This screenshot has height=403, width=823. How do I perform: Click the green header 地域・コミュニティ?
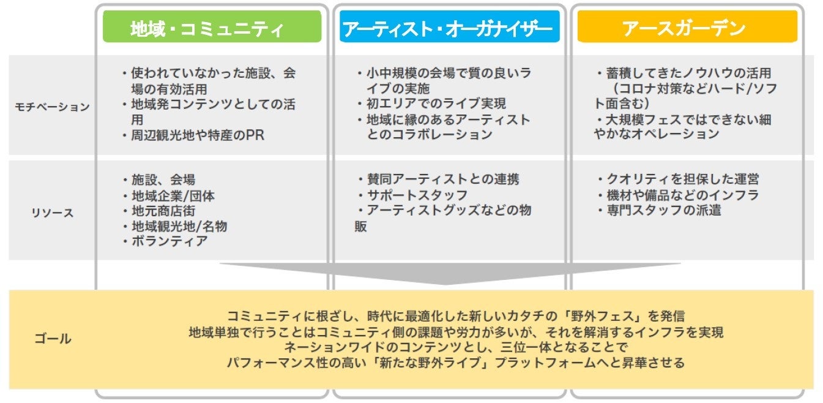point(212,28)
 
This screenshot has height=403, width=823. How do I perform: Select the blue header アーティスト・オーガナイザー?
point(449,28)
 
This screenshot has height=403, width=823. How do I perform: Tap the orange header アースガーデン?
point(687,28)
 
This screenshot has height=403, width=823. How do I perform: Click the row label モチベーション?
point(52,107)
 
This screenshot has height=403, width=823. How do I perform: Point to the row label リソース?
point(52,213)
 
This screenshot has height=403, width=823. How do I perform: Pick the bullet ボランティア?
point(168,241)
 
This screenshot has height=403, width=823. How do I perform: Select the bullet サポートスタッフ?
point(416,195)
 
